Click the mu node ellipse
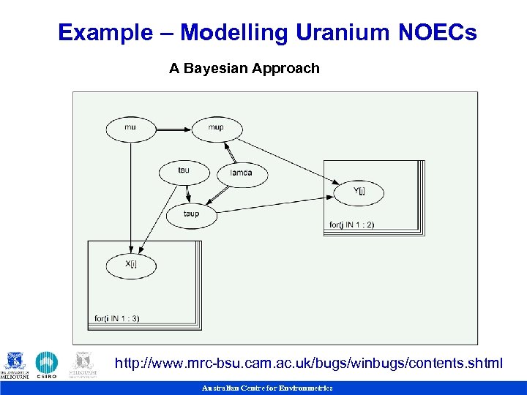coord(131,129)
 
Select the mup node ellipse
coord(217,129)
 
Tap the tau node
coord(184,172)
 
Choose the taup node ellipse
coord(192,215)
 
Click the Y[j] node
coord(359,192)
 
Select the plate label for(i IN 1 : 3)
coord(117,318)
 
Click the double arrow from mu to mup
coord(173,129)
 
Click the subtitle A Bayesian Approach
coord(244,69)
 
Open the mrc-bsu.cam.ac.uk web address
coord(309,364)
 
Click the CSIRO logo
coord(47,365)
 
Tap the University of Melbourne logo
coord(15,365)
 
